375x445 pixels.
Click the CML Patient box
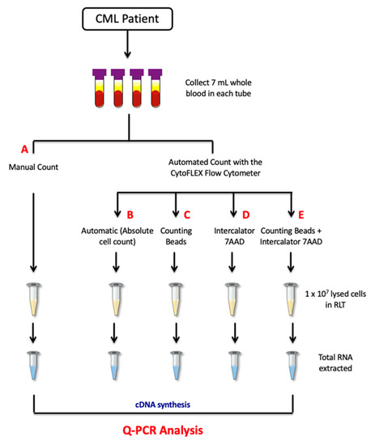click(188, 18)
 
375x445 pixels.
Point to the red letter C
click(186, 215)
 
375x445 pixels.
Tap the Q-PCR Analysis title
click(188, 427)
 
